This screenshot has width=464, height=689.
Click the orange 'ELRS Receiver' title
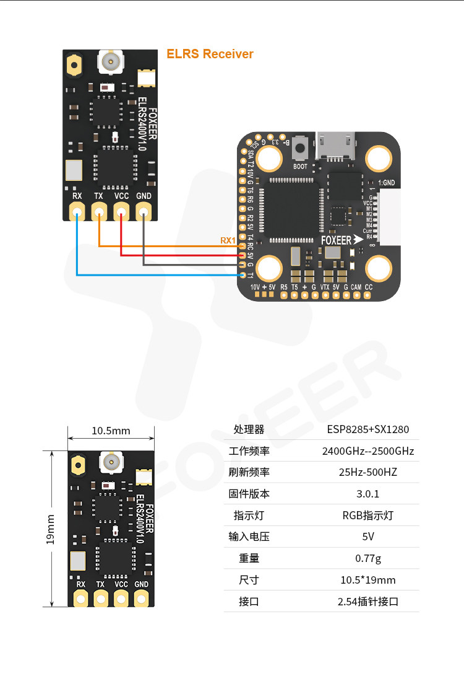coord(210,54)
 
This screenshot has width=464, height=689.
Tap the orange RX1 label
coord(228,240)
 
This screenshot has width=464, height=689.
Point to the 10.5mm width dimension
coord(111,431)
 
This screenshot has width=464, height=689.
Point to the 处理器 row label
coord(249,429)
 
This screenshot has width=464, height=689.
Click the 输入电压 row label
coord(249,537)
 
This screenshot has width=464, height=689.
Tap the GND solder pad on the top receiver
coord(143,213)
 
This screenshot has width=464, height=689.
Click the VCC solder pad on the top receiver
coord(121,213)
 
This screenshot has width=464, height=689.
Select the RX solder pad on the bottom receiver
coord(80,598)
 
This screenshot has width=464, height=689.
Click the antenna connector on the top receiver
coord(111,61)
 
